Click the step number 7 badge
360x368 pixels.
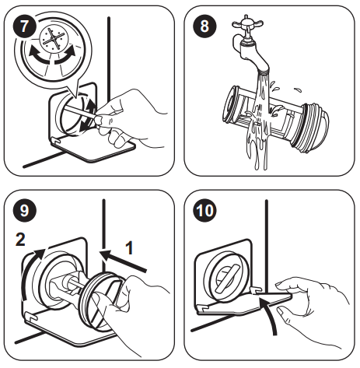click(24, 26)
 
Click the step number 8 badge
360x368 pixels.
click(204, 26)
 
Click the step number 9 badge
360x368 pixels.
click(24, 210)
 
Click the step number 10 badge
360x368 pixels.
click(204, 210)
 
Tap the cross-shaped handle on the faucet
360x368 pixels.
click(247, 25)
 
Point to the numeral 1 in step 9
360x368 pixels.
click(129, 247)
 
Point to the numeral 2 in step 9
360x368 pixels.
click(20, 239)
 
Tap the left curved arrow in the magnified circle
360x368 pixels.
click(39, 57)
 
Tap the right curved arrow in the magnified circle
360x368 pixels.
click(65, 56)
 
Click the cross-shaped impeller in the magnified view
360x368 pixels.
click(54, 38)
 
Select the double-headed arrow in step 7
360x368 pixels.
click(88, 115)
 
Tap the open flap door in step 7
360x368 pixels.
click(93, 149)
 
